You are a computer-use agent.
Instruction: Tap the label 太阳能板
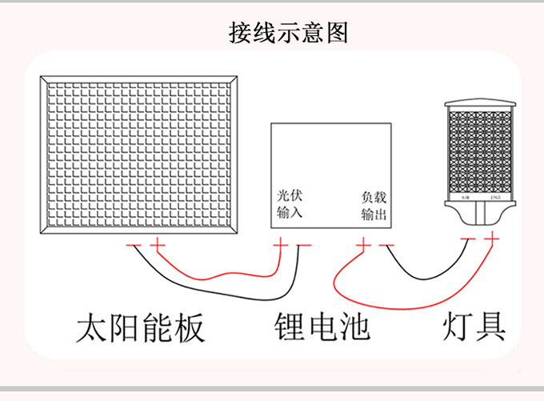point(141,327)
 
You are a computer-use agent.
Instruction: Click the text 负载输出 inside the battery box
point(373,203)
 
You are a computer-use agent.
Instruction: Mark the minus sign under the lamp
point(469,239)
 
